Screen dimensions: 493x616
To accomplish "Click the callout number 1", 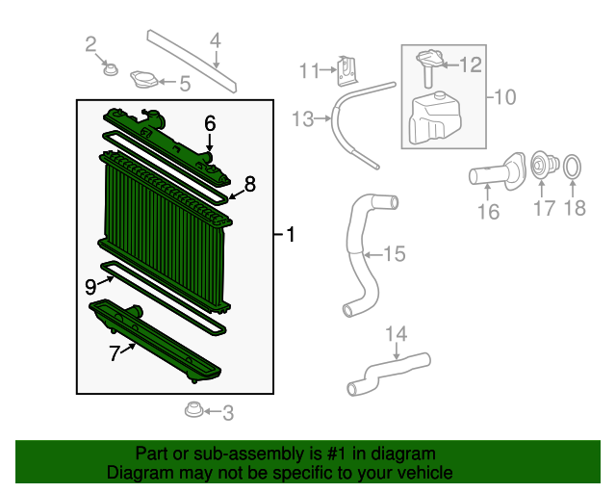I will coord(291,234).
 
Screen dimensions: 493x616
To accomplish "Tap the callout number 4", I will coord(216,40).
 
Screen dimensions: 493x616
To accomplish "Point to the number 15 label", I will coord(395,254).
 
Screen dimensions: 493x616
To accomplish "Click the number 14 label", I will coord(397,334).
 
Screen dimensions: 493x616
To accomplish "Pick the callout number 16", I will coord(489,211).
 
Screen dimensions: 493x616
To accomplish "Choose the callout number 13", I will coord(303,118).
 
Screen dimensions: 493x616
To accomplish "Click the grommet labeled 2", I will coord(110,69).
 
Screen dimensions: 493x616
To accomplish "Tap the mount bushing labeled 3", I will coord(192,412).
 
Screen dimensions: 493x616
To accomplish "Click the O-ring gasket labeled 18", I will coord(571,168).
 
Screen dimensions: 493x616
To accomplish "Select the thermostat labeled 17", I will coord(543,169).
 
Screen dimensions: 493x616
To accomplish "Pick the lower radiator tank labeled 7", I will coord(154,342).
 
